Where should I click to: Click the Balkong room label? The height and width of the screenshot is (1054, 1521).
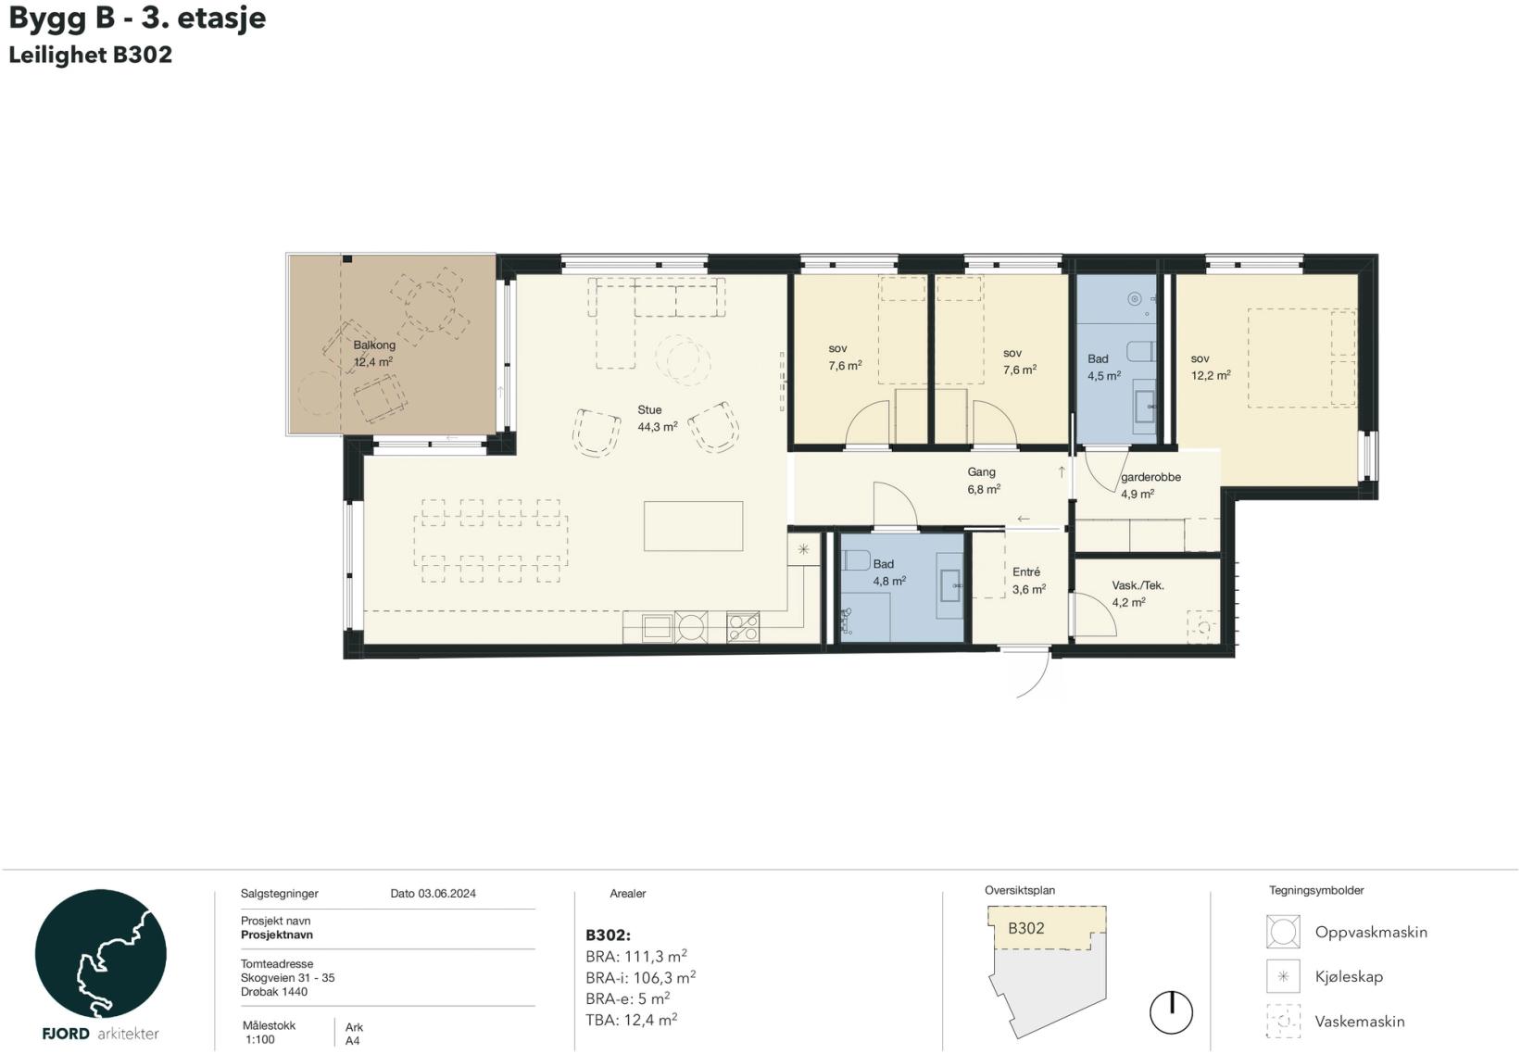point(374,345)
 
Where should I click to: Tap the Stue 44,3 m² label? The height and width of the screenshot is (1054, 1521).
point(658,419)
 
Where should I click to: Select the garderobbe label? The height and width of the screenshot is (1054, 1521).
point(1150,477)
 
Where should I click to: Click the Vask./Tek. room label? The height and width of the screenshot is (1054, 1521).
point(1138,584)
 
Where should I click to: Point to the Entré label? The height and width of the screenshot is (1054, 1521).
point(1026,571)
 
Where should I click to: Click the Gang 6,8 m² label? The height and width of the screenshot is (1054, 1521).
point(984,480)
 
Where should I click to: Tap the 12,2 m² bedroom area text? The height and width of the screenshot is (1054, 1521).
point(1211,375)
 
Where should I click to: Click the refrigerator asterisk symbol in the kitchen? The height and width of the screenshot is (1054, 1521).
point(804,549)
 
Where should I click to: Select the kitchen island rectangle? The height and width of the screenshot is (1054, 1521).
point(693,526)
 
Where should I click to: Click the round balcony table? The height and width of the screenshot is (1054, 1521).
point(431,307)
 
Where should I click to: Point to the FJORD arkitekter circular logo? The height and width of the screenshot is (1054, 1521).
point(100,953)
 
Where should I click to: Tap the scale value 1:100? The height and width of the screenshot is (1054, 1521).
point(260,1040)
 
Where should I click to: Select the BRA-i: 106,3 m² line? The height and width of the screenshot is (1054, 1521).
point(640,977)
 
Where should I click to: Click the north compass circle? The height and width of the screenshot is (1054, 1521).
point(1171,1012)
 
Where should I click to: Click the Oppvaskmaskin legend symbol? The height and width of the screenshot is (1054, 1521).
point(1283,932)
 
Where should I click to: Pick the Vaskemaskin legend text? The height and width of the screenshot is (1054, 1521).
point(1360,1022)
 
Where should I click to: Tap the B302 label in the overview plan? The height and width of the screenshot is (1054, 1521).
point(1026,928)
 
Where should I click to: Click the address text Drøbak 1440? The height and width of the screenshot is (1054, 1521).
point(273,992)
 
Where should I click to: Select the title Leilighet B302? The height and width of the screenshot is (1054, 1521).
point(90,55)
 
